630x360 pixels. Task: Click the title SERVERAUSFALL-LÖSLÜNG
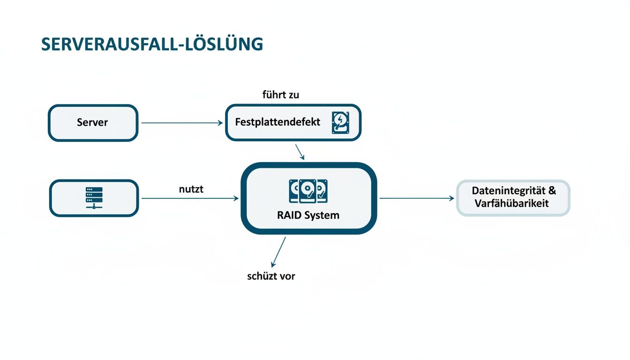(152, 44)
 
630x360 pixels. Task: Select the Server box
(93, 123)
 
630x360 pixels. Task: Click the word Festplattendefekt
(277, 122)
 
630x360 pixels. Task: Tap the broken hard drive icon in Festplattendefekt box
(341, 123)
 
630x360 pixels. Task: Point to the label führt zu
(280, 95)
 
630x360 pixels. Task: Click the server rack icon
(94, 198)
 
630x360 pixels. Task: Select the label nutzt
(191, 190)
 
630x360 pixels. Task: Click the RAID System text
(308, 216)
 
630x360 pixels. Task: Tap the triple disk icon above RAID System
(308, 191)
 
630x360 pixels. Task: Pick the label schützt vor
(271, 276)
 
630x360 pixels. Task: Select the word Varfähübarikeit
(511, 204)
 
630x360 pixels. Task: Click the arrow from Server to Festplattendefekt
(182, 123)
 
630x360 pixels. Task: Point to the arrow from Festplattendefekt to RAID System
(300, 151)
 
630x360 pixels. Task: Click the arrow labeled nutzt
(190, 199)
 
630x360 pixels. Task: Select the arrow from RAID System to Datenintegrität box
(416, 198)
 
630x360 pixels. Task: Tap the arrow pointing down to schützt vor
(278, 252)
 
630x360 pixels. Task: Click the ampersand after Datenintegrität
(552, 191)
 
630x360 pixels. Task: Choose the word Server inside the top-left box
(92, 123)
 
